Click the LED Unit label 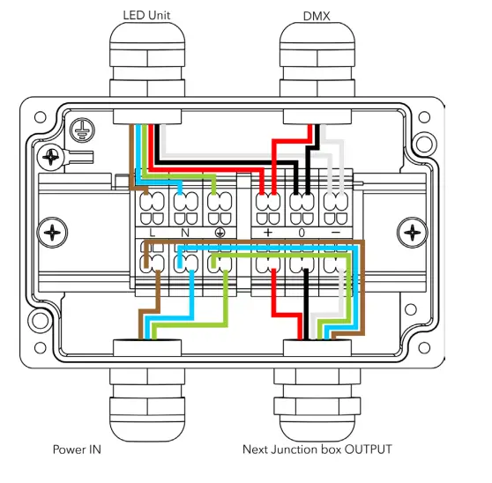146,15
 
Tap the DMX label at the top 317,16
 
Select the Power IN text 77,450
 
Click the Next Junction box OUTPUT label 317,450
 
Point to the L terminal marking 153,233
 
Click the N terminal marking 185,233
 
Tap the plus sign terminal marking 268,233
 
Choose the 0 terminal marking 302,233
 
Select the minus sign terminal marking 335,233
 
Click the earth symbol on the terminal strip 220,233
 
